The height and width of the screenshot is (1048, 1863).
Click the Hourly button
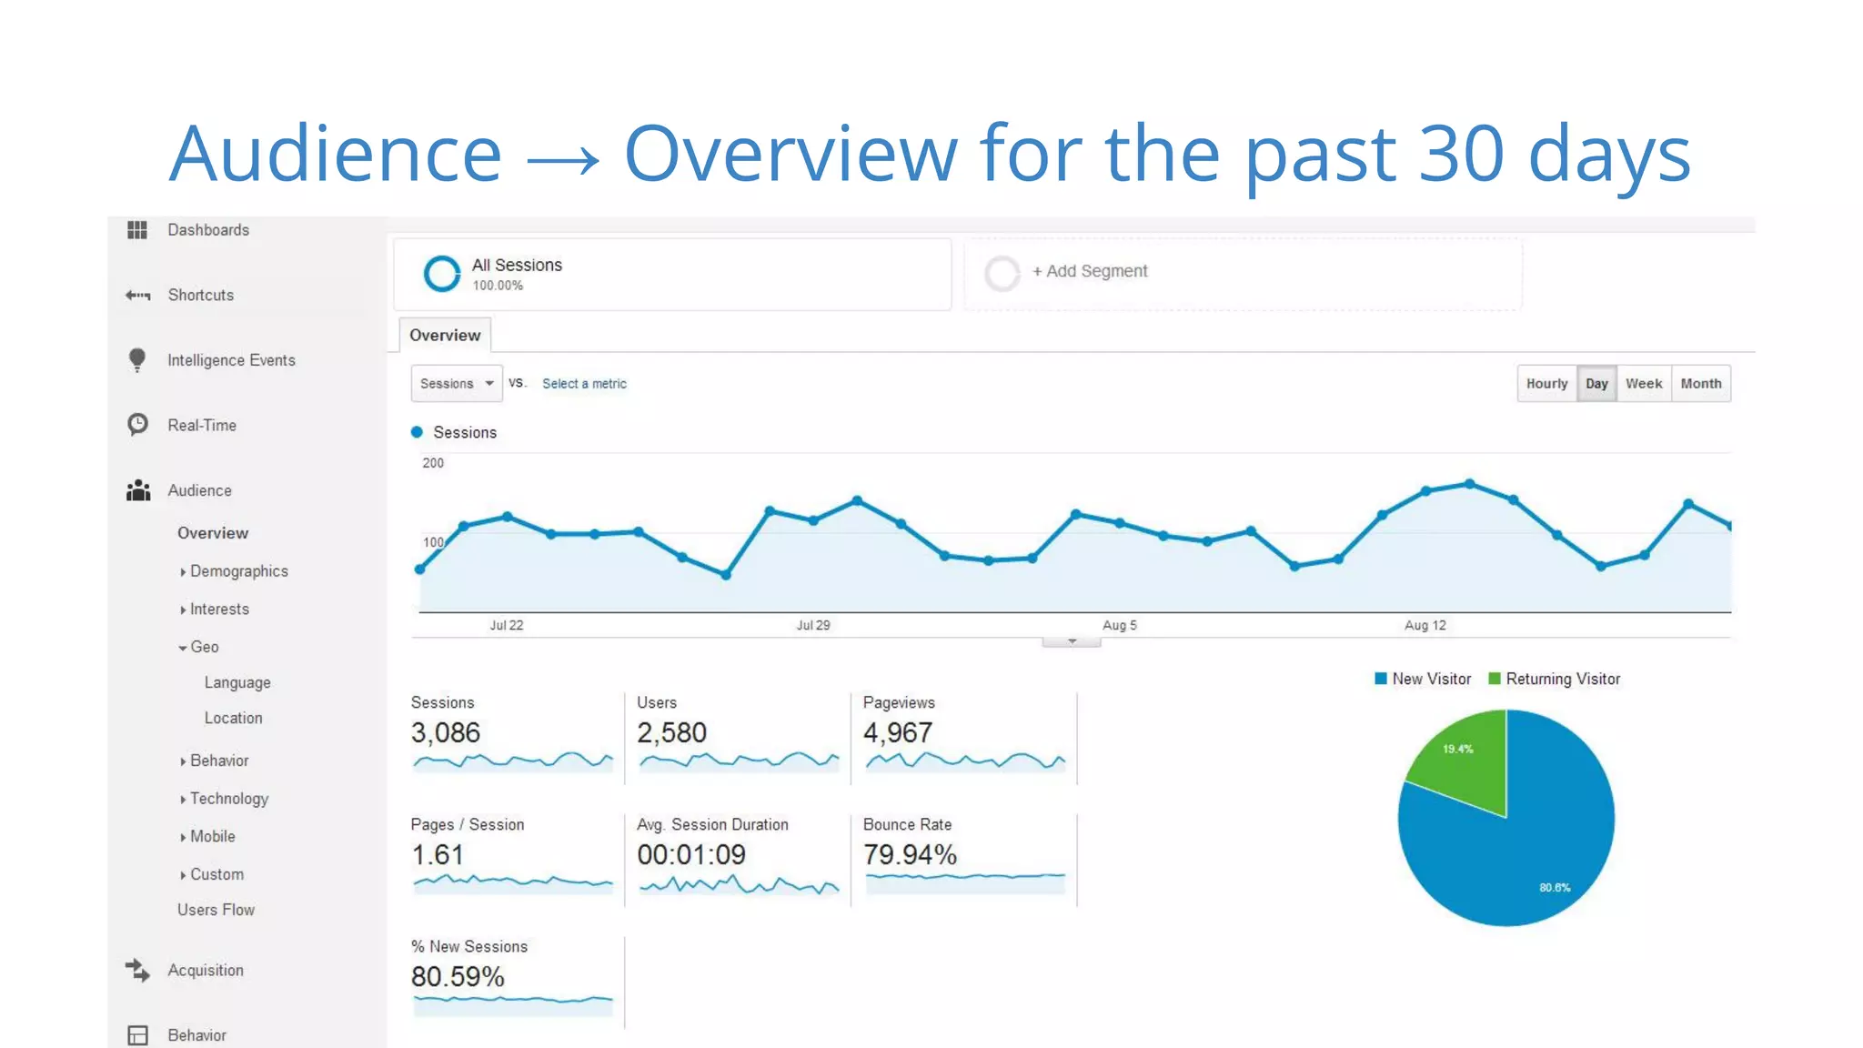tap(1546, 383)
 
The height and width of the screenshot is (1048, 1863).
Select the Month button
tap(1700, 383)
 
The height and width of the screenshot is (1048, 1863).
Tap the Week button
tap(1643, 383)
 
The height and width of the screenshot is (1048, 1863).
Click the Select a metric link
tap(584, 384)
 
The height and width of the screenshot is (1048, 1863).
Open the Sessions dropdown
tap(456, 383)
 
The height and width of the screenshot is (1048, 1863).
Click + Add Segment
tap(1089, 271)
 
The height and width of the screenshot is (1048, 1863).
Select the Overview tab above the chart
tap(445, 335)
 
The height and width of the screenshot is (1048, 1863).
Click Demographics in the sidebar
tap(238, 571)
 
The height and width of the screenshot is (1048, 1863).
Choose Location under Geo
tap(233, 718)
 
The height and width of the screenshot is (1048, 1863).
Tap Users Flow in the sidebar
tap(216, 910)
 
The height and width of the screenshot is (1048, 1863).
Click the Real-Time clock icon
tap(137, 424)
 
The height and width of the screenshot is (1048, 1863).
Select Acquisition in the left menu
tap(205, 970)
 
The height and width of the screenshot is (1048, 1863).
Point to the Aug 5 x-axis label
tap(1119, 625)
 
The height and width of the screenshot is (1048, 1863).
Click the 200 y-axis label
tap(433, 463)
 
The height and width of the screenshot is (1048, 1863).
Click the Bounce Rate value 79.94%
tap(910, 854)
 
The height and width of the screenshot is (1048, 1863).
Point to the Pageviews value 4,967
tap(897, 732)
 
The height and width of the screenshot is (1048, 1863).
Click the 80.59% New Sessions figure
tap(458, 976)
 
